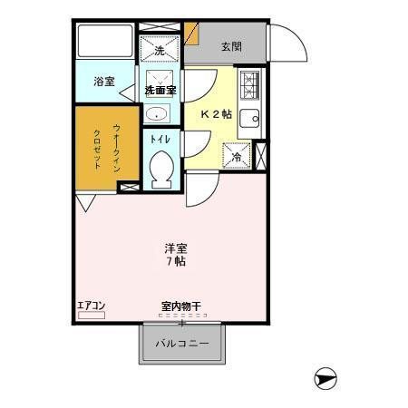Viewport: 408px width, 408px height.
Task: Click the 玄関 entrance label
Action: [x=232, y=47]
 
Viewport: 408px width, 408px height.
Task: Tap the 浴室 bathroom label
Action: [x=103, y=83]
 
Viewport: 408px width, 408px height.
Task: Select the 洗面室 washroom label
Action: [x=160, y=90]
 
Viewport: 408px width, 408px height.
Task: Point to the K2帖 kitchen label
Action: [x=216, y=115]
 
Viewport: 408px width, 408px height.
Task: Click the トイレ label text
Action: [x=160, y=140]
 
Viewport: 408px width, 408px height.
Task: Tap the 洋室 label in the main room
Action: [x=176, y=247]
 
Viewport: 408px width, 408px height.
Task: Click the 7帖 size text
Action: [x=176, y=261]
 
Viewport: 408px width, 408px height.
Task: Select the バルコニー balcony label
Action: [x=180, y=344]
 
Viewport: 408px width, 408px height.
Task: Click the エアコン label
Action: [x=91, y=305]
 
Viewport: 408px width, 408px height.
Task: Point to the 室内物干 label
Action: [x=180, y=306]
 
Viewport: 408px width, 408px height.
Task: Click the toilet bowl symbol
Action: [x=161, y=169]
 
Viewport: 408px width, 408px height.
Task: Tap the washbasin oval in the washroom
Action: [x=157, y=113]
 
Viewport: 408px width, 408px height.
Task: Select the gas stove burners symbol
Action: [x=250, y=86]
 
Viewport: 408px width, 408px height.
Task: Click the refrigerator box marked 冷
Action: [x=237, y=155]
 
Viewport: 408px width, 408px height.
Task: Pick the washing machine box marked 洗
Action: [x=160, y=49]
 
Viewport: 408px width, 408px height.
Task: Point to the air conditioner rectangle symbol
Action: [x=91, y=315]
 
